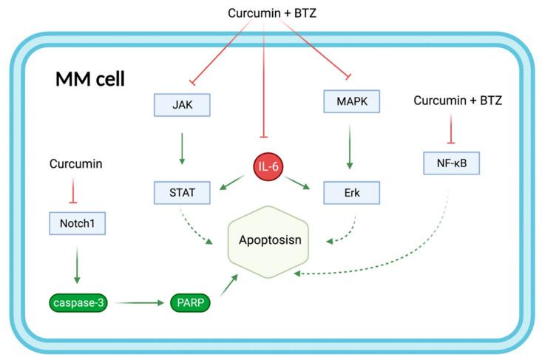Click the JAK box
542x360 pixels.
pyautogui.click(x=182, y=105)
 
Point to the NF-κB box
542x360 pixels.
pyautogui.click(x=452, y=161)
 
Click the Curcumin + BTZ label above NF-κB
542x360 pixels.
pyautogui.click(x=458, y=100)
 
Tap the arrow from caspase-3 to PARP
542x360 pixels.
pyautogui.click(x=138, y=303)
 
